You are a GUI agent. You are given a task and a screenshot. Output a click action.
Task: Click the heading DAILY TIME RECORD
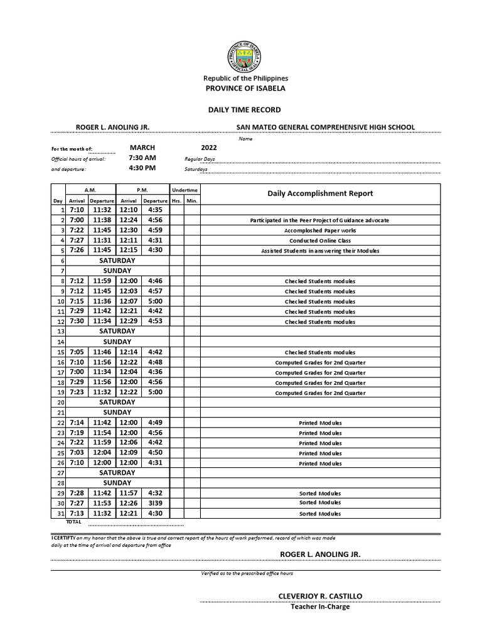(245, 109)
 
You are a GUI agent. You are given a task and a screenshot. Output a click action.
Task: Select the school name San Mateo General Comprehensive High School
(325, 127)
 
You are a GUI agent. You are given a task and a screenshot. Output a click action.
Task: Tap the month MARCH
(142, 147)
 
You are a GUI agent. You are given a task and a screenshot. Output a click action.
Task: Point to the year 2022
(208, 147)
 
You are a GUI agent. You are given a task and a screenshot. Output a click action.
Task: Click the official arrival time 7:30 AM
(142, 158)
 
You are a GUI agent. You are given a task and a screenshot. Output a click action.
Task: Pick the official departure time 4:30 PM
(142, 168)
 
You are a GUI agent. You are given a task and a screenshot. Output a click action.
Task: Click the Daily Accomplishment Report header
(320, 193)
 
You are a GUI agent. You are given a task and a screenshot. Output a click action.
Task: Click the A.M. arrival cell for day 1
(77, 210)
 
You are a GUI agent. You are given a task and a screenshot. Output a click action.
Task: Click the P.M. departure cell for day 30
(155, 503)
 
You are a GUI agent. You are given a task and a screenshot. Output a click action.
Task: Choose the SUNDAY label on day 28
(117, 483)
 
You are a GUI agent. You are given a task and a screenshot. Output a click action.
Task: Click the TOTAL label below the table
(73, 522)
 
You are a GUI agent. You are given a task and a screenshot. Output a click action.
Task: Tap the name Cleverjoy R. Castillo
(320, 595)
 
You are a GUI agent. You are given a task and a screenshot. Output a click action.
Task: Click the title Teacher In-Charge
(320, 607)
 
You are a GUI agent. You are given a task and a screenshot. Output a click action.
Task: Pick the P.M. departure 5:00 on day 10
(155, 301)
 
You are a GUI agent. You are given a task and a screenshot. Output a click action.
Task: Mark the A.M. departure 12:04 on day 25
(102, 452)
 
